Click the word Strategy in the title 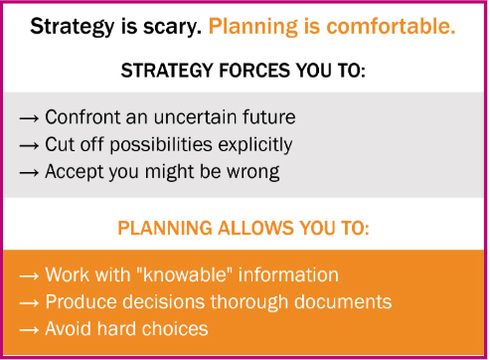(x=68, y=27)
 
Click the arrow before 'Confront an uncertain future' (x=30, y=118)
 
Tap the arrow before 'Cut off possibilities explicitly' (x=30, y=145)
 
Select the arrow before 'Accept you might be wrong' (x=30, y=172)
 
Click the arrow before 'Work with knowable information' (x=30, y=275)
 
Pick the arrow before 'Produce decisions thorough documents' (x=30, y=302)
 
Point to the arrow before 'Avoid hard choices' (x=30, y=329)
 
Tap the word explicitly (x=252, y=145)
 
